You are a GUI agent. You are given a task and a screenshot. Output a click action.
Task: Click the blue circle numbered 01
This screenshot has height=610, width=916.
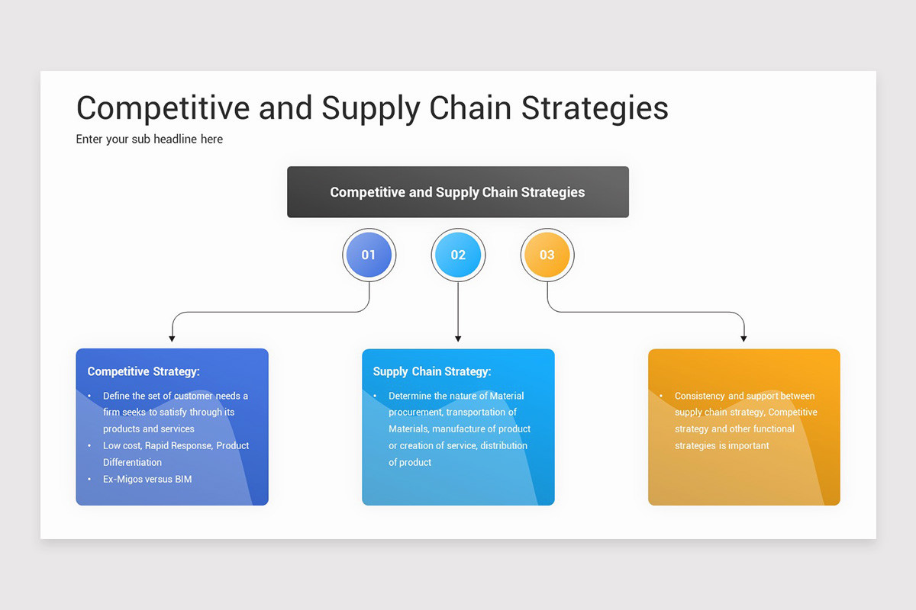click(369, 255)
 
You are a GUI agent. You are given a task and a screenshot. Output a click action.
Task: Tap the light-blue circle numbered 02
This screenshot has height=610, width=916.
click(458, 255)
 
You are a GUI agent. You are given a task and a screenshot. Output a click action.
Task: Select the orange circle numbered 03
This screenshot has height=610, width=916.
click(547, 255)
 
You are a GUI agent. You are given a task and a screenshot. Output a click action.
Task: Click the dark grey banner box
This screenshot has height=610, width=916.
click(458, 192)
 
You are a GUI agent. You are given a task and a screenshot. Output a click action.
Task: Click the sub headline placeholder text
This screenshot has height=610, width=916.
click(150, 139)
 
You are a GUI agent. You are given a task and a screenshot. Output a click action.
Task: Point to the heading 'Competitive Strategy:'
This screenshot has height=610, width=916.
click(144, 371)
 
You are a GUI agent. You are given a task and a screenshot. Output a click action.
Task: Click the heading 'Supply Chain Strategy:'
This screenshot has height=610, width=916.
click(432, 371)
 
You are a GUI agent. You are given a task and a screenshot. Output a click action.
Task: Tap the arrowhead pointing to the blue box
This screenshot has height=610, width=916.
click(173, 338)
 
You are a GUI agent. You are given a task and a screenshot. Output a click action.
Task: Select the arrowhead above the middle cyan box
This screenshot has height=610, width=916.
click(458, 338)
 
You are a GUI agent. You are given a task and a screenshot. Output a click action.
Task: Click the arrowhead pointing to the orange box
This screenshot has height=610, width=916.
click(743, 338)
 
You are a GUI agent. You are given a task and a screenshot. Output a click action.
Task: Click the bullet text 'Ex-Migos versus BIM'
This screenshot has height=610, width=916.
click(147, 479)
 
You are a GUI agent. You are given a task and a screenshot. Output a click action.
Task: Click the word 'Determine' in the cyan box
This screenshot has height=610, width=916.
click(410, 396)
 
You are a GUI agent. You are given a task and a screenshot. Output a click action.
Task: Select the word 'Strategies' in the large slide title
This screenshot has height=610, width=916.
click(595, 108)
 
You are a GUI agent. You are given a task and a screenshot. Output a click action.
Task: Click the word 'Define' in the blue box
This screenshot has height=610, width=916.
click(117, 396)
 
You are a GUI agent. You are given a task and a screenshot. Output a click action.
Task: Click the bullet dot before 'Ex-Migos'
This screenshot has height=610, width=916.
click(89, 479)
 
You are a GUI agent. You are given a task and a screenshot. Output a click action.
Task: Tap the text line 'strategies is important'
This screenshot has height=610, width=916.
click(721, 445)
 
